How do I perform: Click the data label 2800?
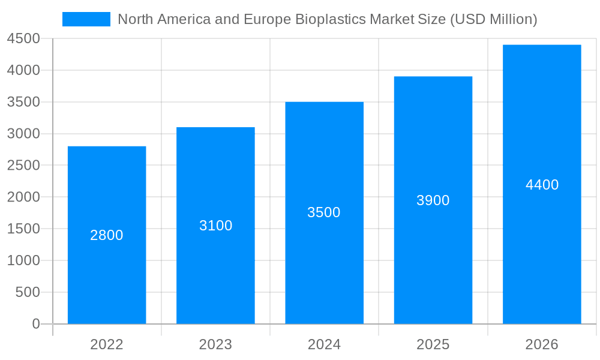pos(107,235)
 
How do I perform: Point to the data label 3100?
pos(215,226)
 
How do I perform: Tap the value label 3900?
pos(433,200)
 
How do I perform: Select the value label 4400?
pos(542,185)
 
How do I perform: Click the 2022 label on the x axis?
pos(107,344)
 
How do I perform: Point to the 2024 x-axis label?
pos(324,344)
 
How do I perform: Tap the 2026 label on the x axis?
pos(542,344)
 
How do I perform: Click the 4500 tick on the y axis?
pos(23,39)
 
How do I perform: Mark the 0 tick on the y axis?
pos(35,324)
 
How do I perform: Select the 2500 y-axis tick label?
pos(23,166)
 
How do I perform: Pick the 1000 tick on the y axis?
pos(23,260)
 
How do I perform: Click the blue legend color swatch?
pos(86,19)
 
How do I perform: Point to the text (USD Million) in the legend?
pos(493,19)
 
